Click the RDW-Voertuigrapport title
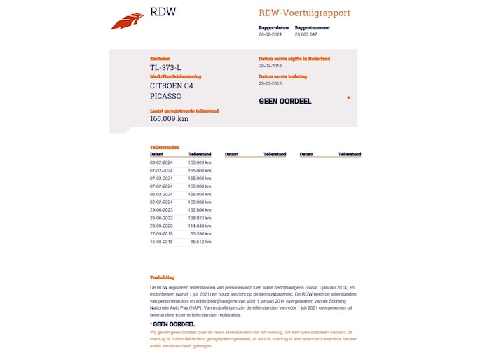point(304,13)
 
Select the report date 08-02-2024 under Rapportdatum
point(270,34)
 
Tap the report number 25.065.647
point(306,34)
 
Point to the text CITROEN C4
point(171,85)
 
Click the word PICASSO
point(165,96)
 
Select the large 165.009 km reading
point(169,118)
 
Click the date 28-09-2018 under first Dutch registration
point(270,66)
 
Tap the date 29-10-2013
point(270,83)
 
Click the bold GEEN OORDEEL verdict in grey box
point(285,101)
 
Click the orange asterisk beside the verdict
point(348,99)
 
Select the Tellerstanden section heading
point(165,148)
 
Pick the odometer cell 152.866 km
point(200,209)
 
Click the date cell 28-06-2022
point(161,218)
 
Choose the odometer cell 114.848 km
point(200,226)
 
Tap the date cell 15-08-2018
point(161,242)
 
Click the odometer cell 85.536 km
point(200,234)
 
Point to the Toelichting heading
point(162,277)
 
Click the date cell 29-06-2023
point(161,209)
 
